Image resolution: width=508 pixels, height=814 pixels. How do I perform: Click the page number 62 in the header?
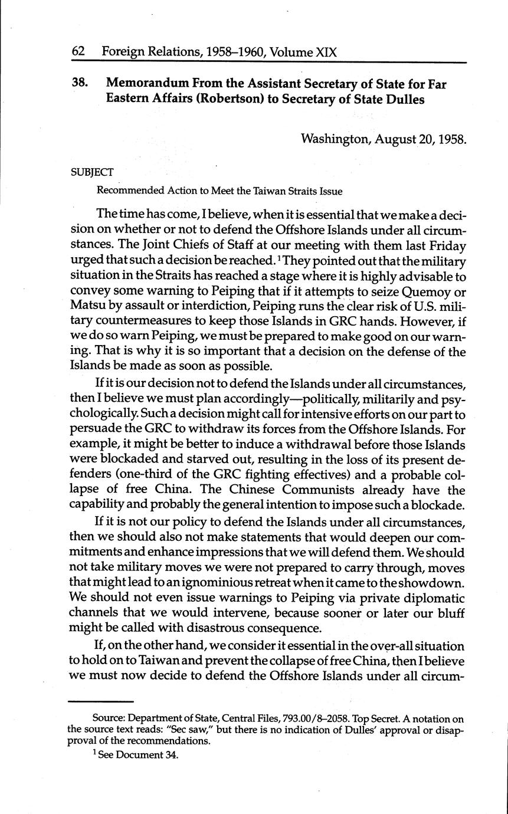click(x=79, y=52)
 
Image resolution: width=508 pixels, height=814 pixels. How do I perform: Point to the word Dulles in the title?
click(x=404, y=99)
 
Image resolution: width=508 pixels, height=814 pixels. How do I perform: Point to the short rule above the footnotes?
click(x=101, y=701)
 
